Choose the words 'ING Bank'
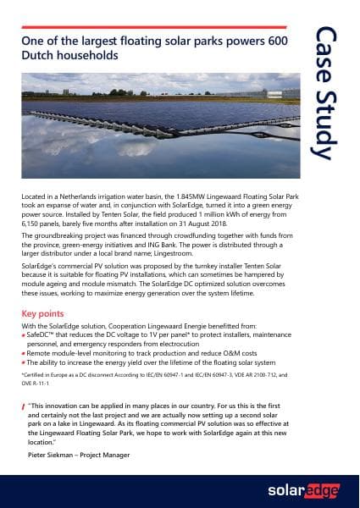180,248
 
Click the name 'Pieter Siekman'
53,455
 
